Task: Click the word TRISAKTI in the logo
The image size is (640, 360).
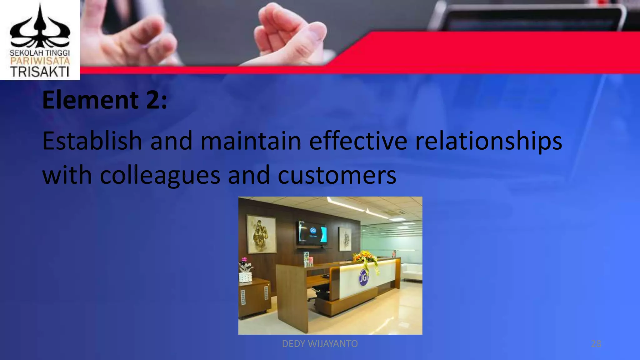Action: point(40,72)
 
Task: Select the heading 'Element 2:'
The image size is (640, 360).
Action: point(105,100)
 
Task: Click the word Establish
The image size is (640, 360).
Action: point(92,141)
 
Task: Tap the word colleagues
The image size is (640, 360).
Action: point(160,175)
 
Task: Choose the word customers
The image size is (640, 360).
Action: point(337,175)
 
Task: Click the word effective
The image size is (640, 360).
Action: point(358,141)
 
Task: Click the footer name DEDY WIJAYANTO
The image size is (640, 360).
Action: point(320,344)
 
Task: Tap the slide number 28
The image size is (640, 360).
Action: point(596,344)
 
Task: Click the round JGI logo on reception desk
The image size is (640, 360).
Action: point(363,277)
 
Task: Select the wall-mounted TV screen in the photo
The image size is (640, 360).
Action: point(312,233)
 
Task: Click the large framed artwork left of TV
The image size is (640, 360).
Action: point(262,233)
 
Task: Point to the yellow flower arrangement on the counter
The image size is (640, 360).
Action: point(366,257)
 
